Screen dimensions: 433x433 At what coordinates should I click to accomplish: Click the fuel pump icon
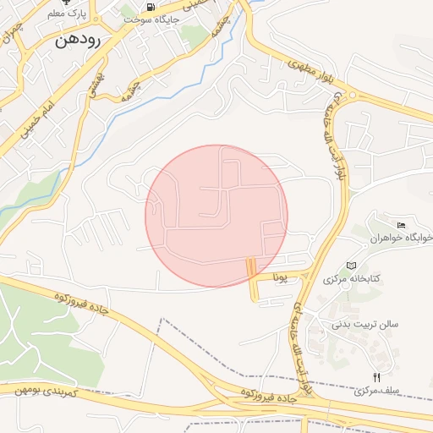[151, 7]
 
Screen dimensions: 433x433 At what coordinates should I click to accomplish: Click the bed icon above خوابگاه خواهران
[400, 224]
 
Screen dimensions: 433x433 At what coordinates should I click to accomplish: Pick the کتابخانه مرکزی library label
[353, 278]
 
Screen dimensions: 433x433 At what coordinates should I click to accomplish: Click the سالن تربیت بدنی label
[364, 323]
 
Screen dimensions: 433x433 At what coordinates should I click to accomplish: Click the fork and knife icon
[376, 377]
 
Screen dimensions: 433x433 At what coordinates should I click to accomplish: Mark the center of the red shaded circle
[216, 216]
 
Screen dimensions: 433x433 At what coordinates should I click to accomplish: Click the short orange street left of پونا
[251, 279]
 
